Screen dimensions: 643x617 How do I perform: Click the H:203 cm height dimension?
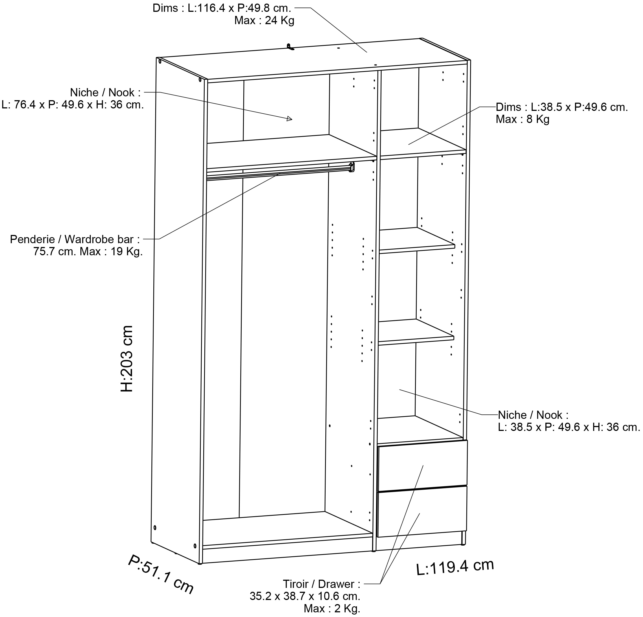pos(127,359)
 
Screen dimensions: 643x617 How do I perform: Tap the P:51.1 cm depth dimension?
pos(161,574)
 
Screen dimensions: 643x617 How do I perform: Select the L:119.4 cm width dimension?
pos(455,567)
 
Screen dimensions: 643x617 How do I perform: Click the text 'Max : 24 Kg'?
pos(264,21)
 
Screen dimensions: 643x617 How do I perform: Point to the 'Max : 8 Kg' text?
pos(522,119)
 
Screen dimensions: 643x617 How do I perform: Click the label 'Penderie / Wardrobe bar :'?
pos(75,239)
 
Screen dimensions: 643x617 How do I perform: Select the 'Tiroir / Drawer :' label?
pos(321,584)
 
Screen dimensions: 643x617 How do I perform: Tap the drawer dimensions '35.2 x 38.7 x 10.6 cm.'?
pos(305,596)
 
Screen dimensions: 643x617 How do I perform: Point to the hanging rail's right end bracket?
pos(352,167)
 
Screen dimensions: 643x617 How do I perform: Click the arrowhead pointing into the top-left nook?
pos(289,119)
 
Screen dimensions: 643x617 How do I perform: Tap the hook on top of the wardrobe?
pos(290,47)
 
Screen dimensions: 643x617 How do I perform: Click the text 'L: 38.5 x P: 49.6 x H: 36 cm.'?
pos(569,427)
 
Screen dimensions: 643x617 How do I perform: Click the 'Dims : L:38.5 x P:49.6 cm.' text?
pos(562,107)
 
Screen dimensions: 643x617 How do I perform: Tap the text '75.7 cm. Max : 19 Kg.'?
pos(88,251)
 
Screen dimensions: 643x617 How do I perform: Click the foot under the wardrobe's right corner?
pos(463,538)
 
